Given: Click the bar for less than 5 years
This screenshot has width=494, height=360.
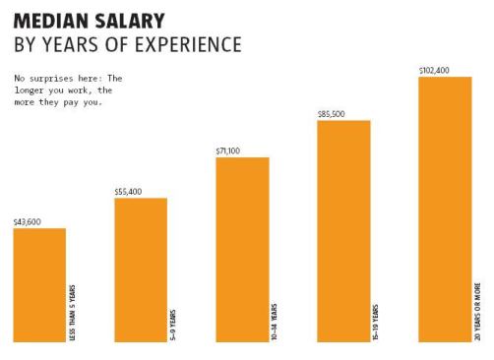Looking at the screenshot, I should tap(39, 285).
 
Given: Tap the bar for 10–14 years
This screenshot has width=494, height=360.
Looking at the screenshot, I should tap(242, 250).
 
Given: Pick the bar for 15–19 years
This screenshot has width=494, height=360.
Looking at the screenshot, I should tap(343, 231).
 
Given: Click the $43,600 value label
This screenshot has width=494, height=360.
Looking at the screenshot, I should tap(27, 222).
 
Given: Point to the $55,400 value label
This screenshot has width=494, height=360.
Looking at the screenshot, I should tap(128, 192).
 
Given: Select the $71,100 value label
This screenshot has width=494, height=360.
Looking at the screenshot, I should tap(228, 150).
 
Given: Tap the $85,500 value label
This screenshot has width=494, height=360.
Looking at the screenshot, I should tap(331, 114).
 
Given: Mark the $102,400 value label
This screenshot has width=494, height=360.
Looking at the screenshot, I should tap(434, 70).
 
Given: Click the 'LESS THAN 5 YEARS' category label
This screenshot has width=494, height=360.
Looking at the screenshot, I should tap(72, 310).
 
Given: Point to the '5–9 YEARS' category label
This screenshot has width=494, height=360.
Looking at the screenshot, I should tap(173, 324).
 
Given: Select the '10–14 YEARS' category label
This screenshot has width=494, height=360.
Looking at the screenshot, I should tap(275, 322).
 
